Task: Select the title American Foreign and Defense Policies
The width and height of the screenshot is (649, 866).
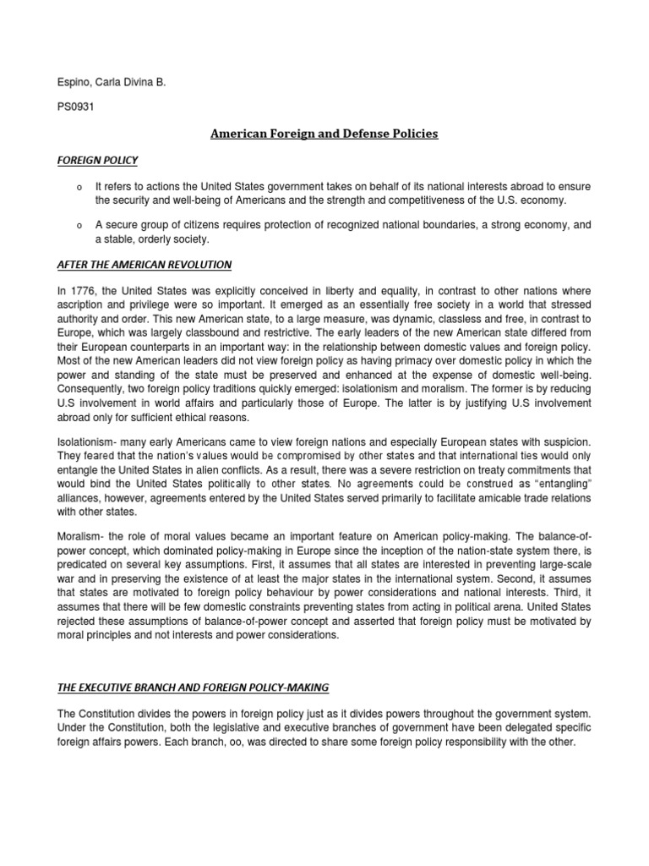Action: tap(324, 134)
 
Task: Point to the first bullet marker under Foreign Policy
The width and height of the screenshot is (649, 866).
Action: tap(78, 186)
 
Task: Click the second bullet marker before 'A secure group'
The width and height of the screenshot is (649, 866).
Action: tap(78, 226)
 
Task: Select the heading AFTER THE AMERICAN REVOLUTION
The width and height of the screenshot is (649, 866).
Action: tap(144, 265)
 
